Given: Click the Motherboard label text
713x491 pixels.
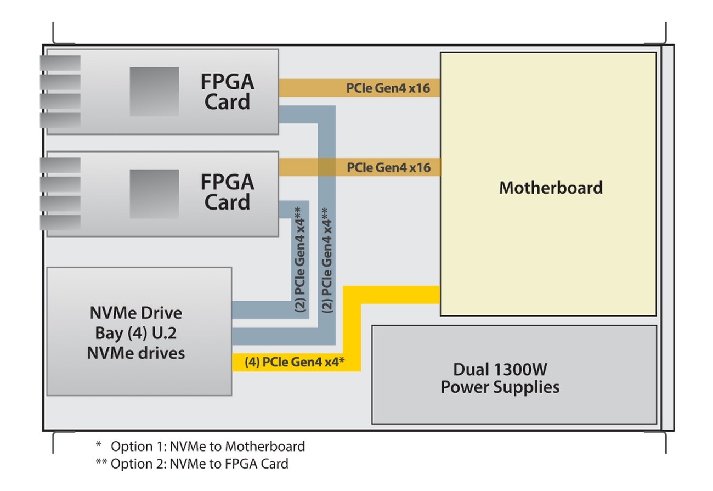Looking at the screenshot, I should point(551,188).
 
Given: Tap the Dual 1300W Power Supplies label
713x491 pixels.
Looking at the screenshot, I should point(500,377).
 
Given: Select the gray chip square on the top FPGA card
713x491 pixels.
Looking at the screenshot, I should point(154,92).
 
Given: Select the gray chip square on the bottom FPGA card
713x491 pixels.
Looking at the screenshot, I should point(154,194).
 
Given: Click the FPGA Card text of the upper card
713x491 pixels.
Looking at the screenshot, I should point(227,92).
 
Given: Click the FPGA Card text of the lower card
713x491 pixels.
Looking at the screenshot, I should point(227,191).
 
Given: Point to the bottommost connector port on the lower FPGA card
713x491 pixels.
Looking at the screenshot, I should point(60,222).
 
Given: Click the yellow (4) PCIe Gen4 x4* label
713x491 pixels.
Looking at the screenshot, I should point(295,363).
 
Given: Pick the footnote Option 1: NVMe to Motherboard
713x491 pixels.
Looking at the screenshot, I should point(208,447).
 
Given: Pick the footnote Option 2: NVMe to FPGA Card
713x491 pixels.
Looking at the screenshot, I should point(200,464).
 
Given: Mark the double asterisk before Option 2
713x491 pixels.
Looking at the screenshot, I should point(101,462).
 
